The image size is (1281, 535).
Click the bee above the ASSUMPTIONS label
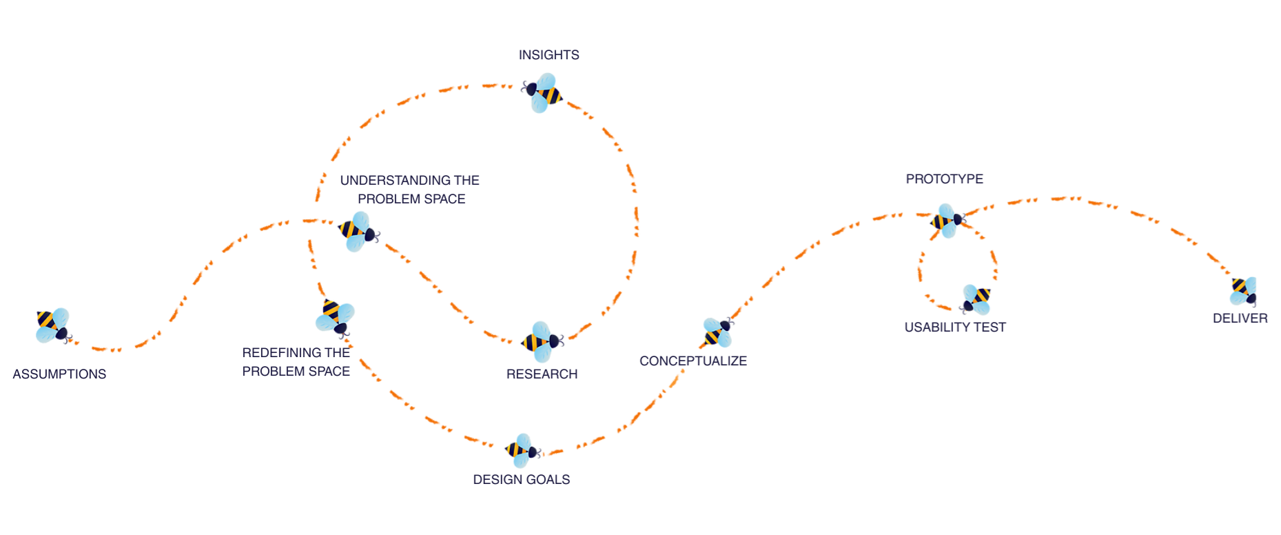coord(53,325)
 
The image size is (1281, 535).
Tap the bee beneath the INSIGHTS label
coord(543,93)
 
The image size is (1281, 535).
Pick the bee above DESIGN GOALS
coord(522,450)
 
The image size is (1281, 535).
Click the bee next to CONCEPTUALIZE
coord(718,332)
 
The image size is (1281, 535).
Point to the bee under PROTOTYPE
coord(947,221)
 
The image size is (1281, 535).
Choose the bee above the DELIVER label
coord(1244,291)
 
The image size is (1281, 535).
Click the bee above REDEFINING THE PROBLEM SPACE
coord(335,317)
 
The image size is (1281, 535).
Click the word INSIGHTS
coord(549,55)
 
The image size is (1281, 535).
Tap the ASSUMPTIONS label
coord(59,374)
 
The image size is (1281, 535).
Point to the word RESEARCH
coord(542,374)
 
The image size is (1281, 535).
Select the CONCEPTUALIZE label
coord(693,361)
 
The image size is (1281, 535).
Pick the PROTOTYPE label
coord(944,179)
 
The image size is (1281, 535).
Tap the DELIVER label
coord(1240,319)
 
